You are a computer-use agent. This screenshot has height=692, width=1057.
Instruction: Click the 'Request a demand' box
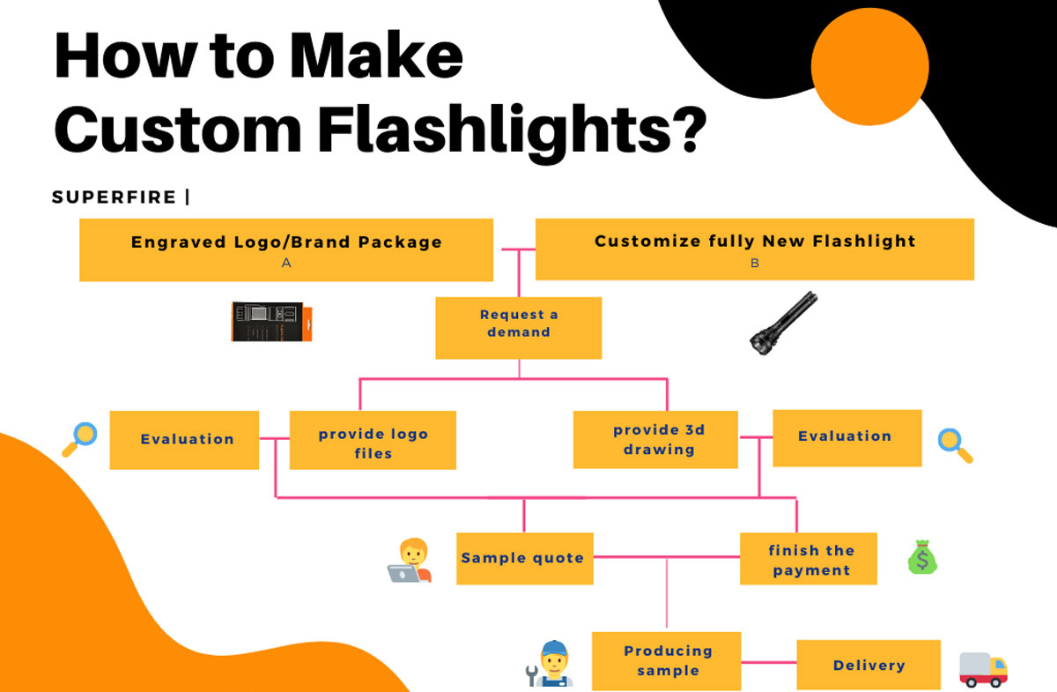pos(518,327)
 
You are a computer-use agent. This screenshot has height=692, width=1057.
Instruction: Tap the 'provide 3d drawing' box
pos(654,439)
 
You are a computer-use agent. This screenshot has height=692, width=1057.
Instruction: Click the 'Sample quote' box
pos(524,558)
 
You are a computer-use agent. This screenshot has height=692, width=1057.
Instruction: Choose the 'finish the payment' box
pos(808,559)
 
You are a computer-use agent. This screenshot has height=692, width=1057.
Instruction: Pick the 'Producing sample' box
pos(666,660)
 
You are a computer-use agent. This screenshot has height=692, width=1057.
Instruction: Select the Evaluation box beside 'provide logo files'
pos(184,439)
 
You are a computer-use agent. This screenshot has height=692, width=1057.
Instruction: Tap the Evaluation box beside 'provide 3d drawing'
pos(846,437)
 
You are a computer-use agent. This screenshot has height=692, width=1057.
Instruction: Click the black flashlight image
pos(783,322)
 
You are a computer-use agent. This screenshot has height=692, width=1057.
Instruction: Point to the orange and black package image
pos(271,322)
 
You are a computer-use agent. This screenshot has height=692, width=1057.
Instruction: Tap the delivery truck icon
pos(982,669)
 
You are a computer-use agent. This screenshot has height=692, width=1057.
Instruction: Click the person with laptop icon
pos(410,561)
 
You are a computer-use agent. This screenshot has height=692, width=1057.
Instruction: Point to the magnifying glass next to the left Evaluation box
pos(79,439)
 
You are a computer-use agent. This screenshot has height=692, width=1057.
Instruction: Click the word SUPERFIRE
pos(115,197)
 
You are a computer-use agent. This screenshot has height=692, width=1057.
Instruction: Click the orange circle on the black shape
pos(869,67)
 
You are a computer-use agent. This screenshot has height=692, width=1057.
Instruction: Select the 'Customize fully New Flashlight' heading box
pos(754,249)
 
